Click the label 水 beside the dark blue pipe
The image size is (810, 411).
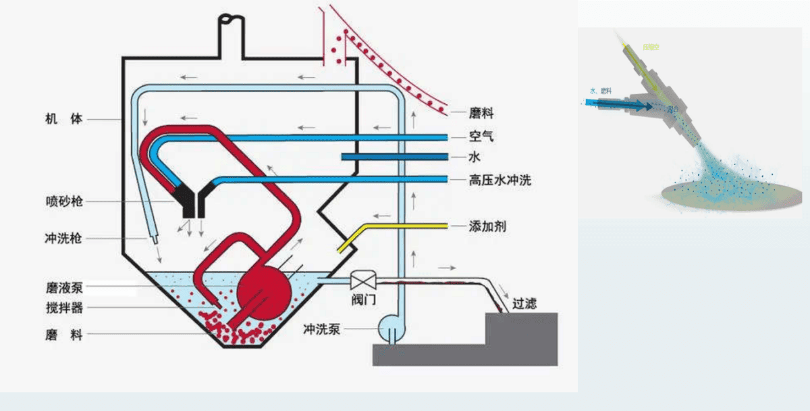475,158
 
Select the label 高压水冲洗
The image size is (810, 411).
500,180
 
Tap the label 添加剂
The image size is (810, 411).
487,226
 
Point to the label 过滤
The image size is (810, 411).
524,304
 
